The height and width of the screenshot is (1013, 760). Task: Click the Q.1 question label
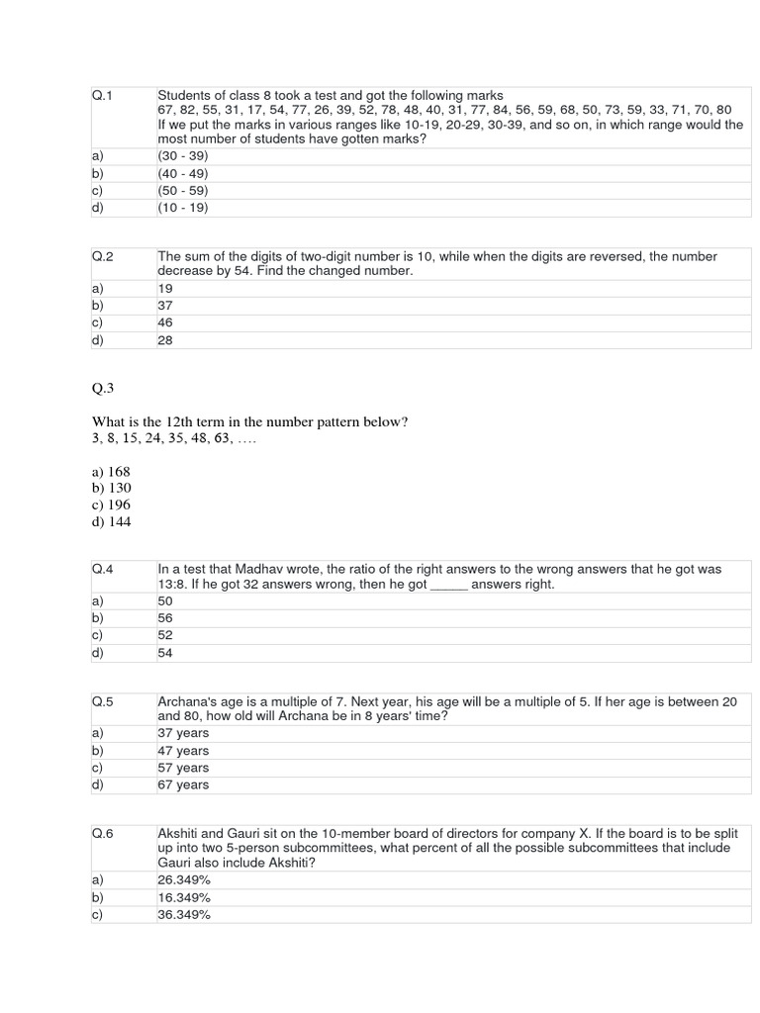(103, 95)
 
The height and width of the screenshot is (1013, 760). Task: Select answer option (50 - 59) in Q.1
(182, 190)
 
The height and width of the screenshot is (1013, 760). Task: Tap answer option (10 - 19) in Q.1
(182, 208)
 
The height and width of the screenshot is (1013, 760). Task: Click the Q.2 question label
(103, 256)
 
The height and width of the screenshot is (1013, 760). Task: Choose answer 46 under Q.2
(165, 322)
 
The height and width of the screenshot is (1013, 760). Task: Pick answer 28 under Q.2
(165, 340)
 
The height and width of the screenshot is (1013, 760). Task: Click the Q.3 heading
(104, 389)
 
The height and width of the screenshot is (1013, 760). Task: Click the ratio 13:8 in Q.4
(173, 585)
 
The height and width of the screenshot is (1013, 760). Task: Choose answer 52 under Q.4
(165, 635)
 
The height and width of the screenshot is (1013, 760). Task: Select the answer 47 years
(183, 750)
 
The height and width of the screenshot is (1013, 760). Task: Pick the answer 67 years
(183, 784)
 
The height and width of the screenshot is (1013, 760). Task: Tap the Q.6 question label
(103, 833)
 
